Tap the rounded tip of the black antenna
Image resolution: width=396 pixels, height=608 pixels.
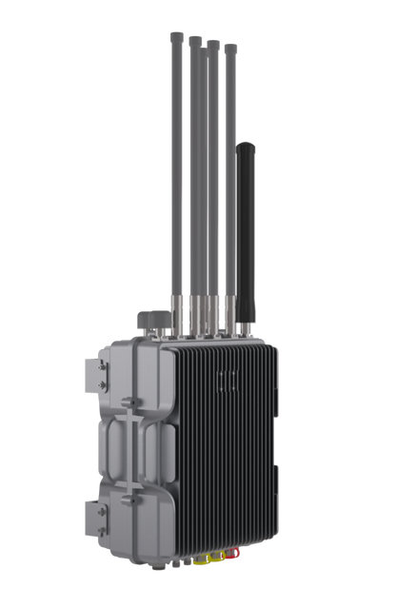[x=247, y=145]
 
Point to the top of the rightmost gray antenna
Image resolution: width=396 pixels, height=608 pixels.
[x=230, y=46]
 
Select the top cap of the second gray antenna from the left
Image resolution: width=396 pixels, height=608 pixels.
[x=193, y=40]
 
